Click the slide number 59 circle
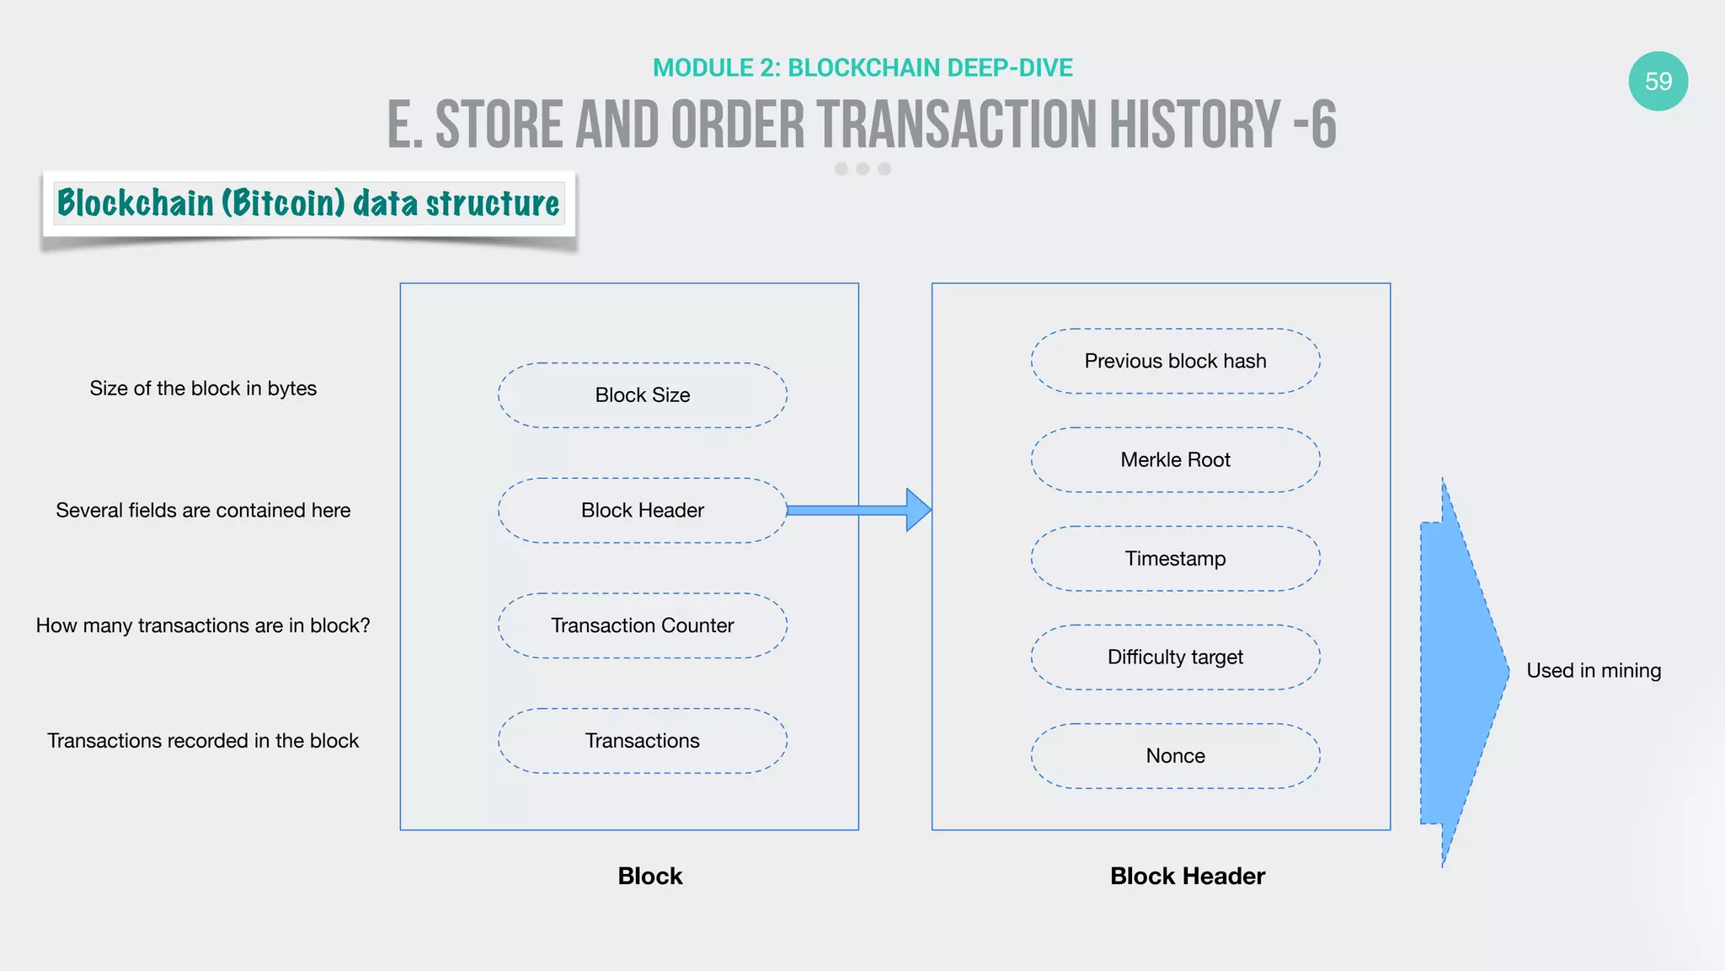click(1658, 81)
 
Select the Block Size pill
click(642, 395)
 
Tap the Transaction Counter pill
click(642, 625)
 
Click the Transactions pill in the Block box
click(642, 741)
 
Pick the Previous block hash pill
click(1175, 361)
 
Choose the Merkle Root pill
click(1175, 460)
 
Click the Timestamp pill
click(1175, 559)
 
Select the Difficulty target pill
click(1175, 657)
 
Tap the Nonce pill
click(1175, 756)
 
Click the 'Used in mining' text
click(1594, 671)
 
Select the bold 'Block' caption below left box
click(649, 876)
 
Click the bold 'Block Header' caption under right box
click(1187, 876)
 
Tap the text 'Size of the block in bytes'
click(203, 389)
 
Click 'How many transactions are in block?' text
click(203, 625)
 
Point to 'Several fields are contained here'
click(203, 511)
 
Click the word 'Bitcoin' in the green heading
click(283, 203)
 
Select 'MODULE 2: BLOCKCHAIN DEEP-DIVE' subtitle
click(862, 67)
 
